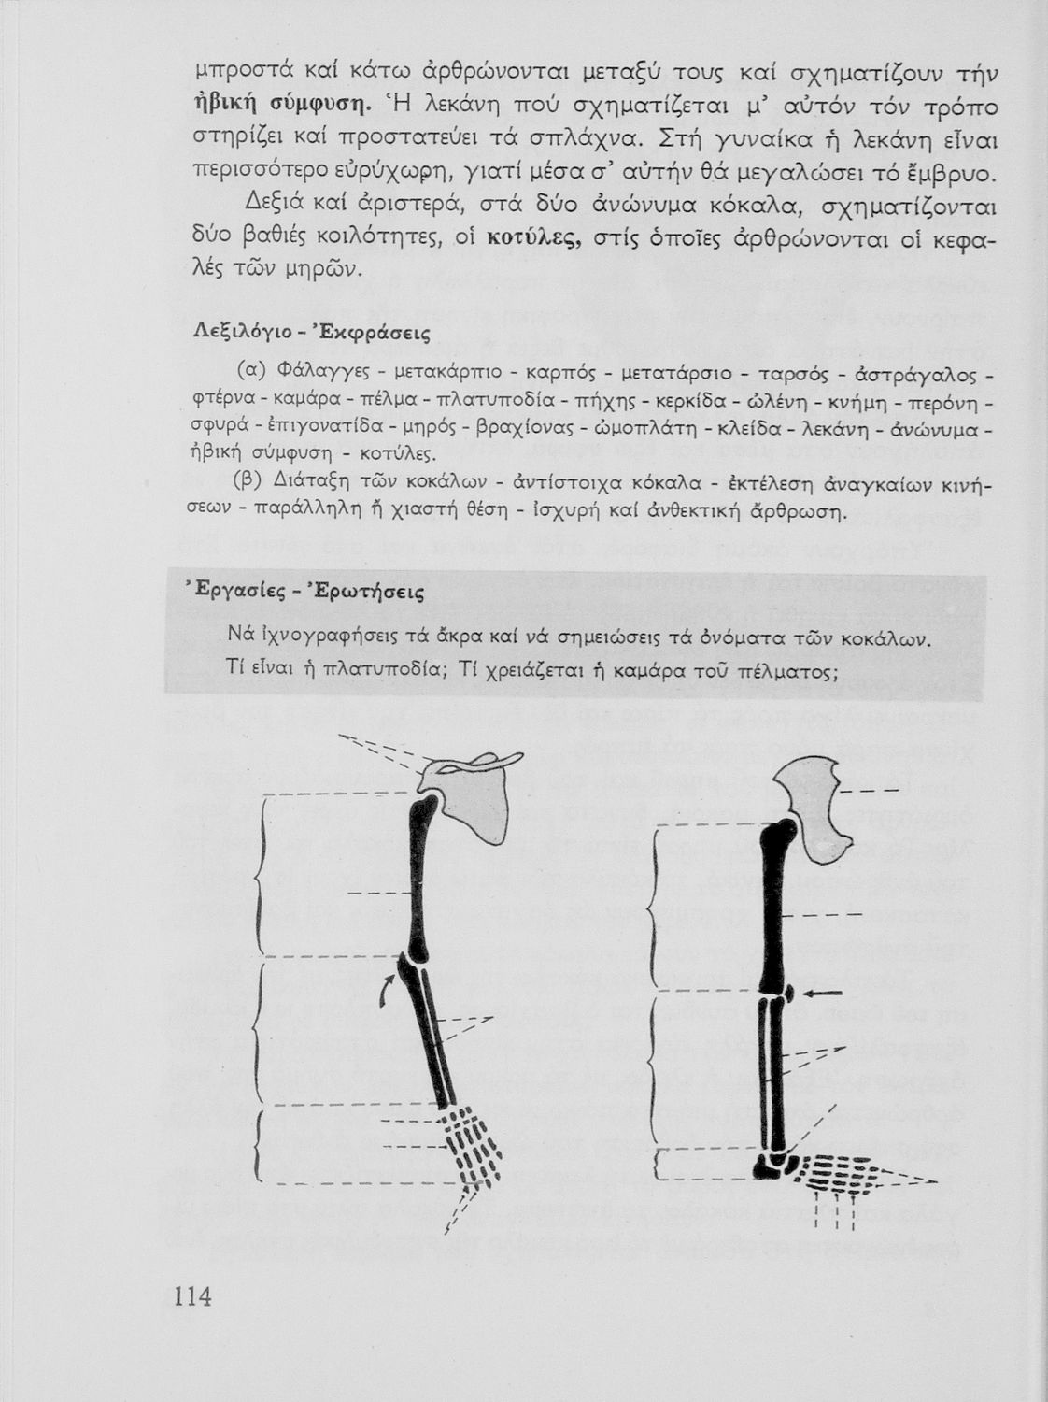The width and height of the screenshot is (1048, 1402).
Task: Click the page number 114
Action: tap(192, 1297)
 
